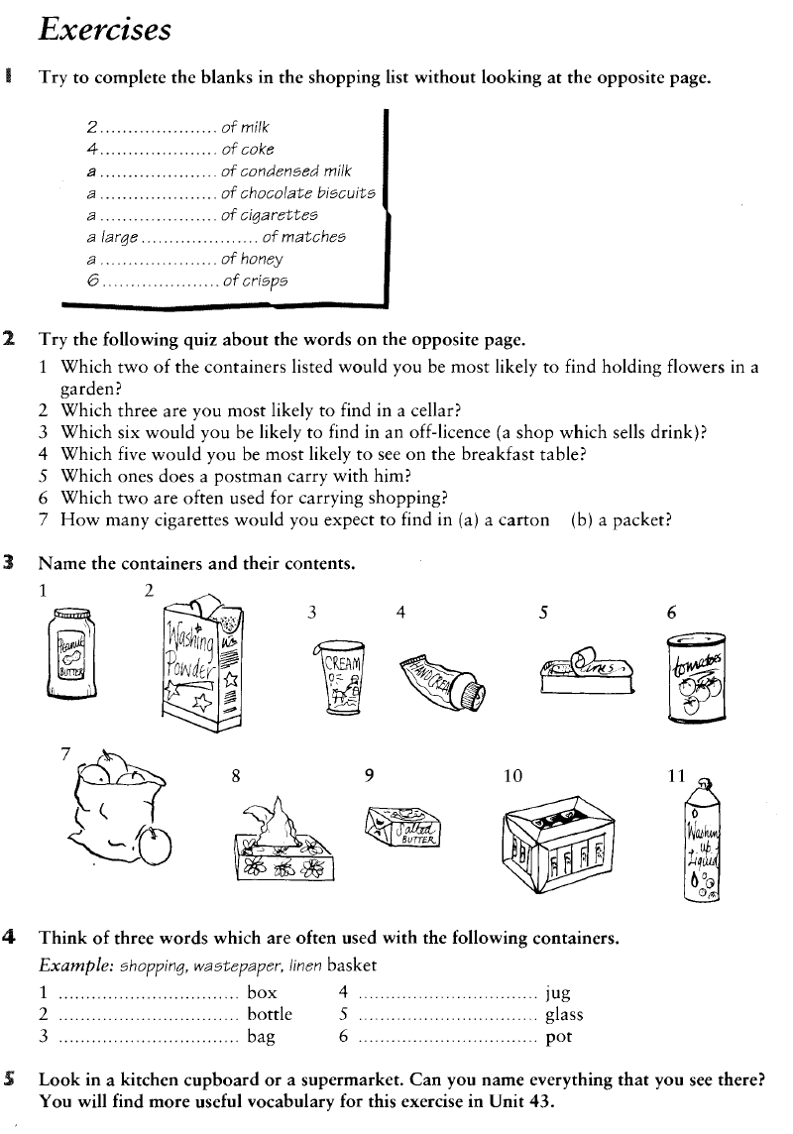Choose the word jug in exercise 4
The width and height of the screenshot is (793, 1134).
tap(558, 991)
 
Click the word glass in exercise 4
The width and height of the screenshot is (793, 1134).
tap(564, 1014)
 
